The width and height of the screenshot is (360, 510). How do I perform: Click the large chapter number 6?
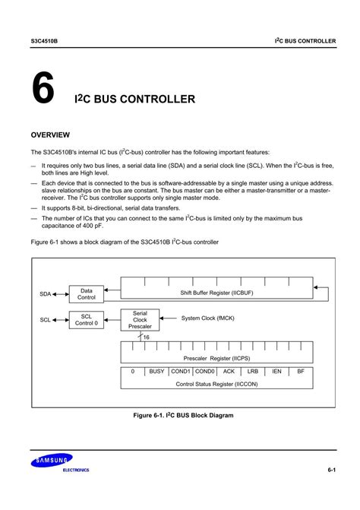[43, 88]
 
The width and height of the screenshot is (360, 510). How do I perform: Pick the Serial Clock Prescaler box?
[140, 321]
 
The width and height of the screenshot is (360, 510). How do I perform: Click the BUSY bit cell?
[157, 372]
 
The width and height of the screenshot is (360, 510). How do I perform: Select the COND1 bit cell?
[181, 372]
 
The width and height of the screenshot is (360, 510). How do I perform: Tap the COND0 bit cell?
[205, 372]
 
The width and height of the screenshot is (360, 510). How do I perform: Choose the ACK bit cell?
[229, 372]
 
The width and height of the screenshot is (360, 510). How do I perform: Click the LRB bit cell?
[253, 372]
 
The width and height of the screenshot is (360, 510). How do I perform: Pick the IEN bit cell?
[276, 372]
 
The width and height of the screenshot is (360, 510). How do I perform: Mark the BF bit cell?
[301, 372]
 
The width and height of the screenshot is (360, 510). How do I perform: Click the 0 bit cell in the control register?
[133, 372]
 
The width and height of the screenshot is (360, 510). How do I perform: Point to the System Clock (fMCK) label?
[207, 318]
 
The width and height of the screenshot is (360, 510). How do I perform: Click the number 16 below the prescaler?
[147, 337]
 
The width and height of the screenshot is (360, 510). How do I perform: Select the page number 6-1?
[332, 471]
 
